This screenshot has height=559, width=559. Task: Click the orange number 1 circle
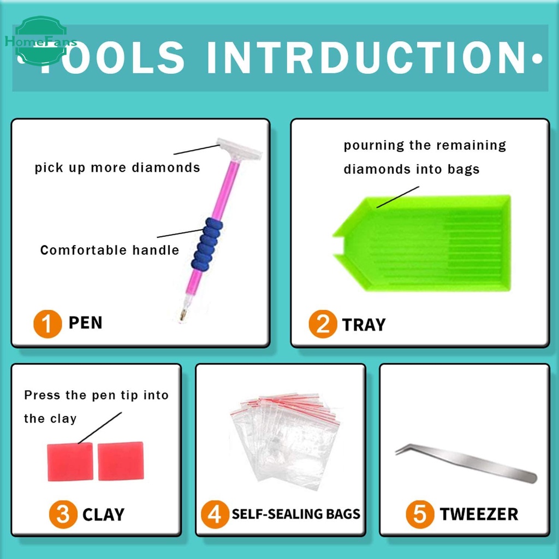(x=47, y=324)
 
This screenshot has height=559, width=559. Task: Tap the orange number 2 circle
(x=323, y=324)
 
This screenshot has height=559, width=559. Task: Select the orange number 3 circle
(x=63, y=514)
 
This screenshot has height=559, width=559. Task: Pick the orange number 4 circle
(x=215, y=514)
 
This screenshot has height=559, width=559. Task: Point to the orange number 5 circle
(x=420, y=514)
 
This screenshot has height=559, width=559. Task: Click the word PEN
(x=85, y=323)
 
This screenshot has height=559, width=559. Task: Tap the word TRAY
(x=364, y=325)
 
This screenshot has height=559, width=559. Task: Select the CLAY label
(x=103, y=515)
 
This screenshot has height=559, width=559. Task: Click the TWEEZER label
(x=479, y=514)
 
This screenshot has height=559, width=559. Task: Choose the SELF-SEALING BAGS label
(x=296, y=514)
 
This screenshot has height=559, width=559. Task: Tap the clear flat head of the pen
(x=239, y=149)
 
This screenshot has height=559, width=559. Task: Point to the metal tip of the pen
(x=183, y=315)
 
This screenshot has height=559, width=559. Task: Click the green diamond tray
(x=422, y=243)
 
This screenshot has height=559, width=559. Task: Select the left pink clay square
(x=70, y=462)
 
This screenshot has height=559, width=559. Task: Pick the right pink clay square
(x=121, y=461)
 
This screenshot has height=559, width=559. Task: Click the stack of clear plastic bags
(x=284, y=441)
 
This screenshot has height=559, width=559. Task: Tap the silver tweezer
(x=466, y=462)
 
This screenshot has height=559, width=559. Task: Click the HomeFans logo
(x=41, y=41)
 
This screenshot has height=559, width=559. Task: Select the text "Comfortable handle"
(x=109, y=250)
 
